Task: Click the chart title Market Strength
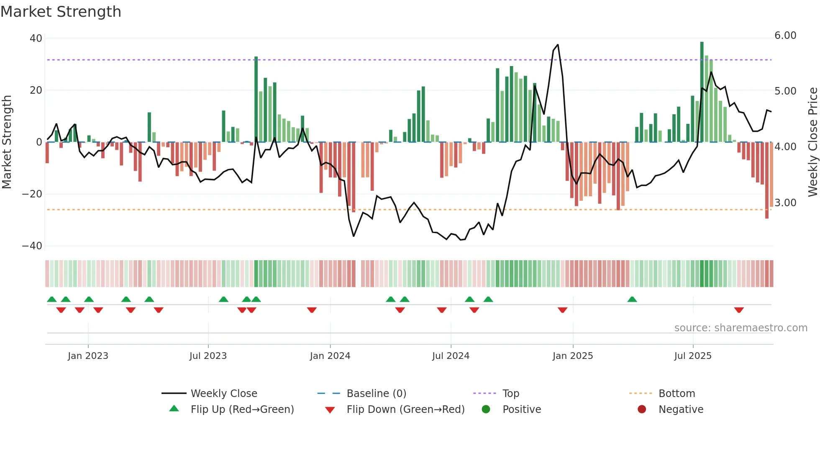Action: pyautogui.click(x=61, y=12)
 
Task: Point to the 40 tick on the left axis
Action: pyautogui.click(x=36, y=38)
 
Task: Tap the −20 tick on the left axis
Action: pyautogui.click(x=32, y=194)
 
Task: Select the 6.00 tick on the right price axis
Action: pyautogui.click(x=785, y=36)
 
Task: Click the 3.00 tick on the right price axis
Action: pyautogui.click(x=785, y=203)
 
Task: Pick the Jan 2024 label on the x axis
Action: pyautogui.click(x=330, y=356)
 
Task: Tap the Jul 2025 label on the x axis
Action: pyautogui.click(x=693, y=356)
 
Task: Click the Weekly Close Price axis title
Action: pyautogui.click(x=812, y=142)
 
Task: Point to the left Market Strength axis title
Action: pyautogui.click(x=7, y=142)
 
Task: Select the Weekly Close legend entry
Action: pyautogui.click(x=224, y=394)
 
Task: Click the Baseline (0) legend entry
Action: pyautogui.click(x=376, y=394)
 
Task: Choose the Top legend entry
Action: pyautogui.click(x=510, y=394)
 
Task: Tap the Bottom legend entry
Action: pyautogui.click(x=676, y=394)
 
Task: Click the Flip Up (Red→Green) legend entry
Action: pyautogui.click(x=242, y=410)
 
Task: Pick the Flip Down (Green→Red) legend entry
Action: pyautogui.click(x=405, y=410)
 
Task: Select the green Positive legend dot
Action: pyautogui.click(x=486, y=410)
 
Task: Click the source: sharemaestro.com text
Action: pyautogui.click(x=741, y=328)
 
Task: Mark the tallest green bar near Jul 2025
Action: pyautogui.click(x=702, y=92)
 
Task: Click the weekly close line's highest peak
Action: pyautogui.click(x=558, y=45)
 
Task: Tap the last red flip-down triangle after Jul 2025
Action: pyautogui.click(x=739, y=310)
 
